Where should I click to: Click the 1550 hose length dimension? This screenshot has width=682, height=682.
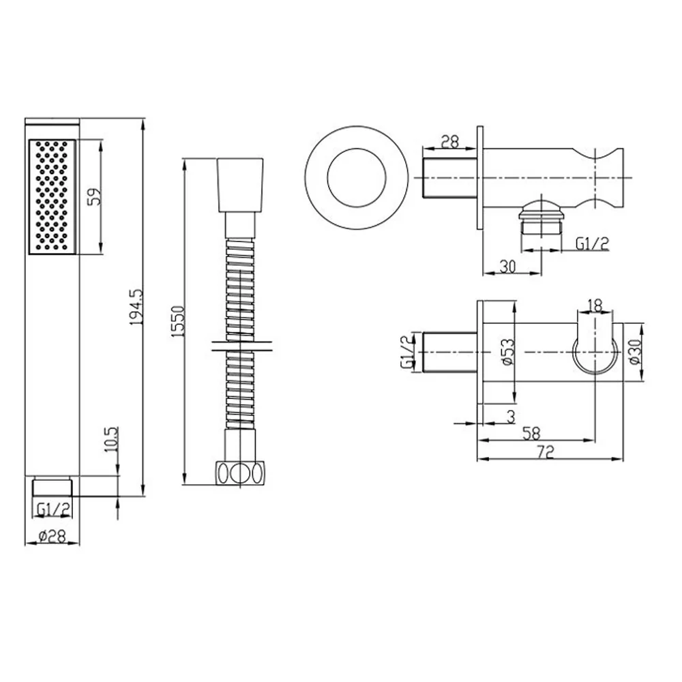click(177, 319)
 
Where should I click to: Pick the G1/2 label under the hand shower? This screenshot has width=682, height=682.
click(53, 509)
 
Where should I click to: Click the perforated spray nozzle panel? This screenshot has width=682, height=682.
click(52, 195)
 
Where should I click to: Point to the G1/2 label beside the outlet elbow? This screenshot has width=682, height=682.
click(591, 243)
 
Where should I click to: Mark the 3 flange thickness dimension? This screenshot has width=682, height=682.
click(511, 415)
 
